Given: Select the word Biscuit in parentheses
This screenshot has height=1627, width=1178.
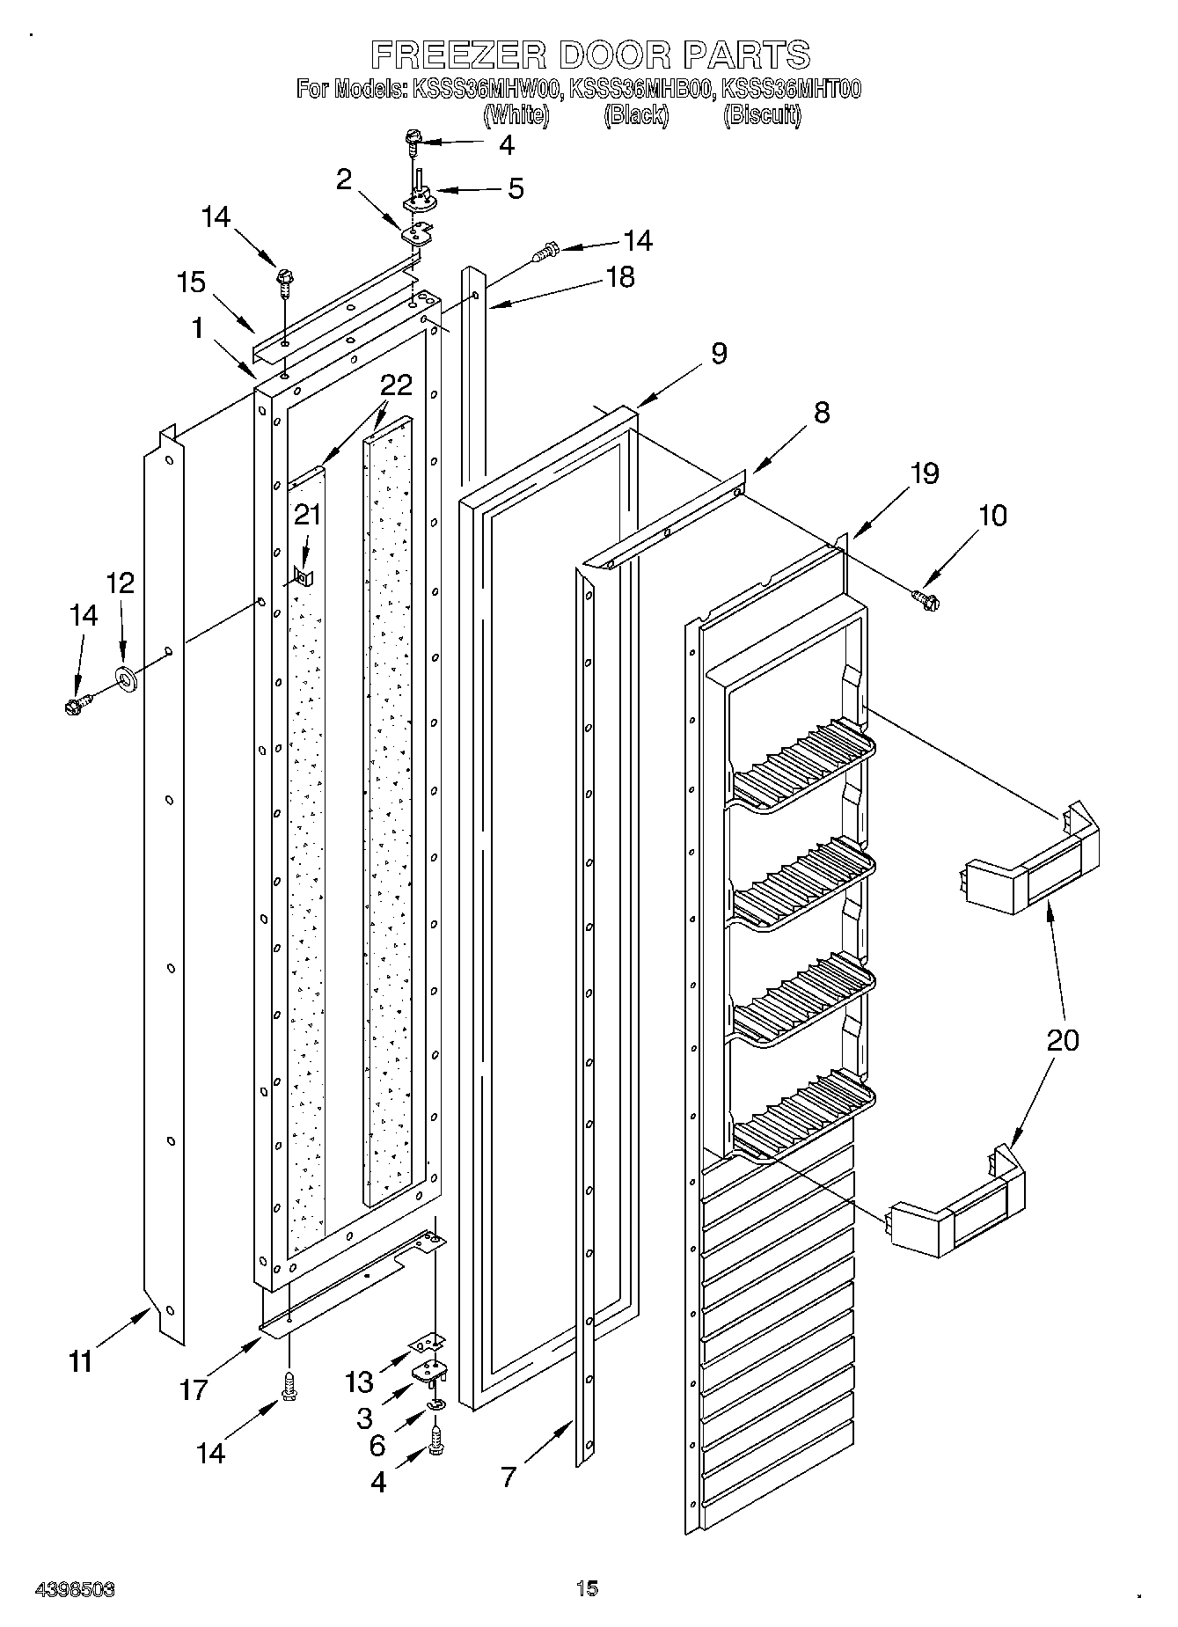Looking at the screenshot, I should (762, 115).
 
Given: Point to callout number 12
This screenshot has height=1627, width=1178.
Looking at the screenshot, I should (121, 583).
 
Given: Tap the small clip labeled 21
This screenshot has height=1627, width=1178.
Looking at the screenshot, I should (304, 577).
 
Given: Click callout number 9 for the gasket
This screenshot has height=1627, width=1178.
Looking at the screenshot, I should (719, 354).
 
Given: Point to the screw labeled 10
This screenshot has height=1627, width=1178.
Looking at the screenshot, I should (924, 598).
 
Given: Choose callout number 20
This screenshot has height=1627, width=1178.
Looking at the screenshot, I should (1063, 1040).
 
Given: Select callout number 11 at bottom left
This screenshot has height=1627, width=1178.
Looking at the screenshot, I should (80, 1361).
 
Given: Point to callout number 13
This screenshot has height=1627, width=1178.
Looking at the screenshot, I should (359, 1381).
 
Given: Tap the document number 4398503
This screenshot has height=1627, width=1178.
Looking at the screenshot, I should (75, 1589).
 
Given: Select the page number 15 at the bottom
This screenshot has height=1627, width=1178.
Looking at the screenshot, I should (587, 1588).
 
